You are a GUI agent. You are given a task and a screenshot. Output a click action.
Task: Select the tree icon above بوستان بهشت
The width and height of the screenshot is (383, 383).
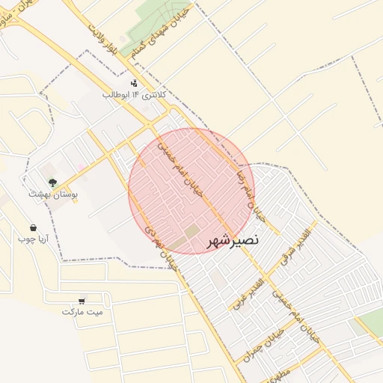pyautogui.click(x=52, y=182)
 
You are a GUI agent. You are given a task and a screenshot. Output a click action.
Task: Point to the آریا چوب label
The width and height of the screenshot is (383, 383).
pyautogui.click(x=33, y=239)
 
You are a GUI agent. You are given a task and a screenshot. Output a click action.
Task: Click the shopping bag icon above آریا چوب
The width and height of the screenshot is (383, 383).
pyautogui.click(x=33, y=227)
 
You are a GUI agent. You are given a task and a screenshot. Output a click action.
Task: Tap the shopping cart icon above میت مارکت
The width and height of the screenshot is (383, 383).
pyautogui.click(x=82, y=299)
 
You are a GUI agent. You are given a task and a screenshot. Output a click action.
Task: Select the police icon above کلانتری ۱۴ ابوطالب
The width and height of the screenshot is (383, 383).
pyautogui.click(x=133, y=83)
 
